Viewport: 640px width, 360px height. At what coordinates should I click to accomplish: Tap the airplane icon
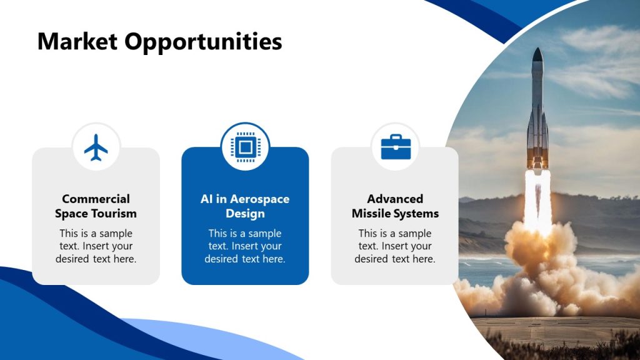point(96,147)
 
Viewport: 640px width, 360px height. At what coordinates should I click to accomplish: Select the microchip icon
point(245,147)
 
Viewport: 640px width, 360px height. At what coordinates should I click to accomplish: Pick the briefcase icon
point(396,147)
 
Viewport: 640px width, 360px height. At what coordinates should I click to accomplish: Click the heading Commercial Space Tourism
point(96,206)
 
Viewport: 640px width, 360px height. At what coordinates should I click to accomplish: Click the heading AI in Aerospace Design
point(245,206)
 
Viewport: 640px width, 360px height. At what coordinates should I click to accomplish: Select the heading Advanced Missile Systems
point(395,206)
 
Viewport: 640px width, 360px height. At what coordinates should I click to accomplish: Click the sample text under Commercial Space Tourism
point(96,246)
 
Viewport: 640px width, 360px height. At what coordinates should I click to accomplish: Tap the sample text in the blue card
point(245,246)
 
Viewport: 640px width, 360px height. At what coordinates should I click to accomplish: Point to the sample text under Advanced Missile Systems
point(395,246)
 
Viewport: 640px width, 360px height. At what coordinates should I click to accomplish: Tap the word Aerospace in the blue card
point(260,199)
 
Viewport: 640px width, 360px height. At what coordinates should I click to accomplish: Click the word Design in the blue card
point(245,214)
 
